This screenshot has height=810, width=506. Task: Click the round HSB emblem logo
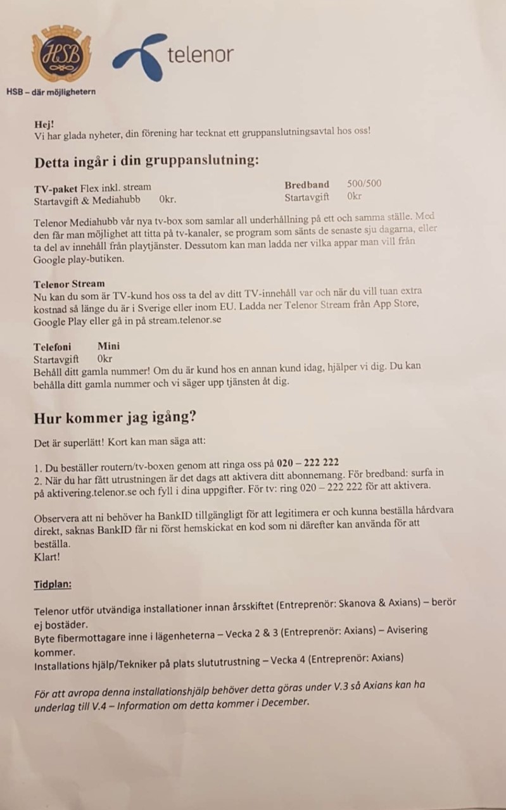click(x=61, y=55)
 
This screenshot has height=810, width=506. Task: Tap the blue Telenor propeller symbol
click(x=138, y=58)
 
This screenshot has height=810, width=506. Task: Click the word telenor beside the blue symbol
click(x=200, y=54)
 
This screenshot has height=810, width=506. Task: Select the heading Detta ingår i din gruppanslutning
click(x=146, y=160)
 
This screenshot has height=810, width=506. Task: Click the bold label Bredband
click(x=307, y=185)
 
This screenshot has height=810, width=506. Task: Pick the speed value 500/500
click(x=364, y=184)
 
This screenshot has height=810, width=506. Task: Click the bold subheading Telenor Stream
click(x=69, y=283)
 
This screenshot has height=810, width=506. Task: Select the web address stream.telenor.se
click(x=185, y=321)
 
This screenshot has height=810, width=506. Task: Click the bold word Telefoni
click(x=52, y=347)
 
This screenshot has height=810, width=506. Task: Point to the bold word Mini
click(x=108, y=346)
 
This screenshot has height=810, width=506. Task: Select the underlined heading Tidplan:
click(x=53, y=584)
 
